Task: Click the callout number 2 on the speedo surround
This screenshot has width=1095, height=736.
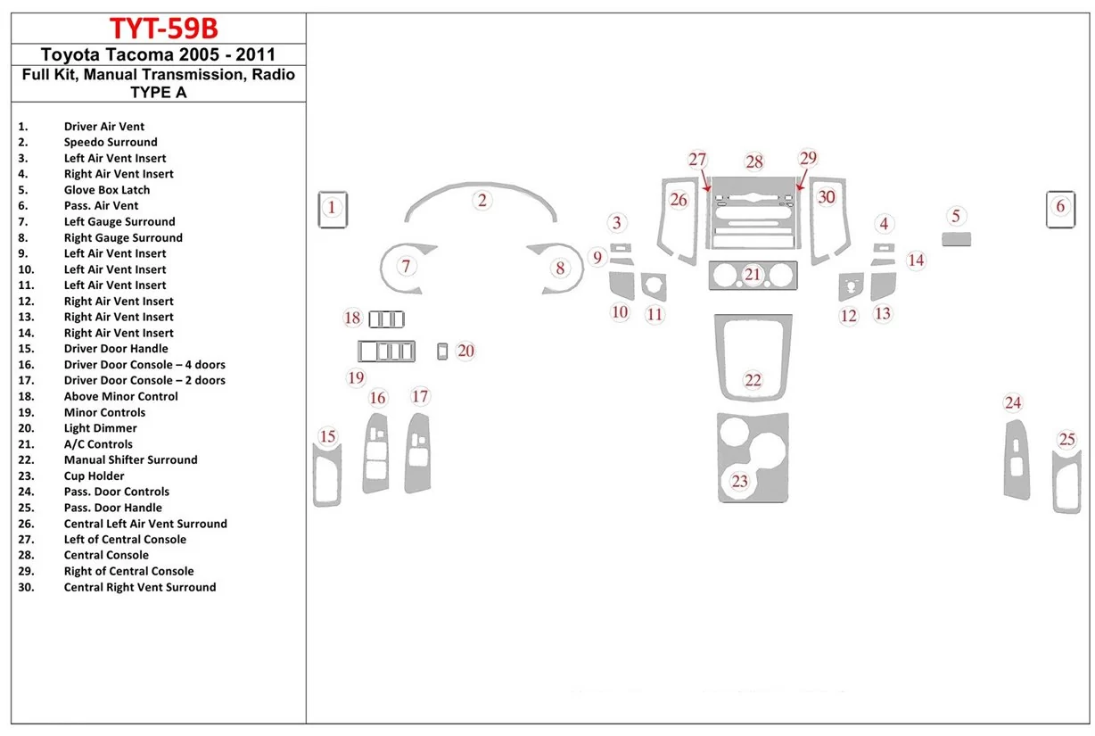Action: [x=482, y=200]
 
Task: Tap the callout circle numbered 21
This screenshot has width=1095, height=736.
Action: [x=753, y=275]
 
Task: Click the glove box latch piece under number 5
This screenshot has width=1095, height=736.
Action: [x=956, y=238]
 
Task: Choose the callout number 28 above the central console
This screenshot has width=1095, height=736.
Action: [x=754, y=161]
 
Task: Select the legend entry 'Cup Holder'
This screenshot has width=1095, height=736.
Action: [x=95, y=476]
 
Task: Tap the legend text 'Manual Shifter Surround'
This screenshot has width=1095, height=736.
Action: [x=131, y=459]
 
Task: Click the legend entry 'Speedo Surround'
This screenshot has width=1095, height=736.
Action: [x=111, y=142]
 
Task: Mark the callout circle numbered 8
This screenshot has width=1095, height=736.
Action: [x=560, y=268]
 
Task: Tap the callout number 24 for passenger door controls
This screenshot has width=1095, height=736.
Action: [x=1012, y=403]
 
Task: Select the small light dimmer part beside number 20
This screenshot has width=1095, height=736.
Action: [x=442, y=351]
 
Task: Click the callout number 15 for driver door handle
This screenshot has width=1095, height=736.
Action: [x=328, y=436]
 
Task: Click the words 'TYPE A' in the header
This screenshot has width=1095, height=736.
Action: [x=159, y=91]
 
